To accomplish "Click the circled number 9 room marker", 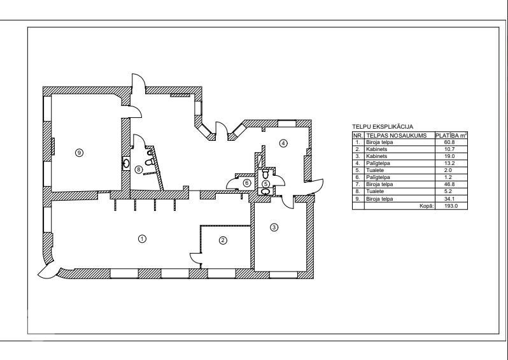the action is click(x=79, y=152).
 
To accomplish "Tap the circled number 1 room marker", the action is click(x=142, y=239).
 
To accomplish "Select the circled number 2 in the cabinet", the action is click(x=223, y=240).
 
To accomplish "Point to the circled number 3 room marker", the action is click(x=274, y=227).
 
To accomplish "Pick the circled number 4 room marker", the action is click(x=283, y=143).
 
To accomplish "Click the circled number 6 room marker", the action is click(x=247, y=184).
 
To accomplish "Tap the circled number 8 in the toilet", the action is click(x=138, y=169).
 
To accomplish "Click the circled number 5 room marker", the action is click(x=265, y=184).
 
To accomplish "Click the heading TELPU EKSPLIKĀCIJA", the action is click(x=383, y=127).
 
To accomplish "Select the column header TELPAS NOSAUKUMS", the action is click(x=396, y=136).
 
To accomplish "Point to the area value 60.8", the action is click(x=450, y=142).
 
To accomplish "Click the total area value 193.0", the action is click(x=451, y=206).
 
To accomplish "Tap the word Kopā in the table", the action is click(x=427, y=206).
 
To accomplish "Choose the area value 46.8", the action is click(x=450, y=184).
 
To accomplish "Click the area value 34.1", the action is click(x=450, y=199).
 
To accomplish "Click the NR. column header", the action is click(x=358, y=136).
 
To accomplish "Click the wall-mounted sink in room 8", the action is click(x=126, y=164).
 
